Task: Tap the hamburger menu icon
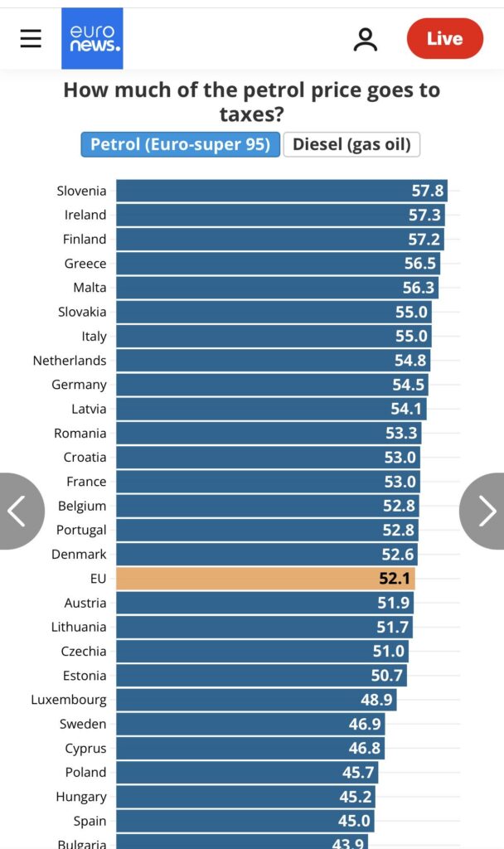click(31, 38)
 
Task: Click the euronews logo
click(92, 38)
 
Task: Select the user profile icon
click(365, 39)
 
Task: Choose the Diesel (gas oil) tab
click(351, 144)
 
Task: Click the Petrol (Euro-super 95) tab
click(180, 144)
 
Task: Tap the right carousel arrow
click(486, 511)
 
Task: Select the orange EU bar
click(265, 579)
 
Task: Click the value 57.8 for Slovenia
click(428, 191)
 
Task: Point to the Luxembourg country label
click(69, 700)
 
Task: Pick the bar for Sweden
click(250, 724)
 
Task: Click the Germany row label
click(79, 385)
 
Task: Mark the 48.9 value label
click(376, 700)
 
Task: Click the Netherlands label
click(70, 361)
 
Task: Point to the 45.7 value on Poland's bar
click(358, 772)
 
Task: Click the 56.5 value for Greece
click(419, 264)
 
